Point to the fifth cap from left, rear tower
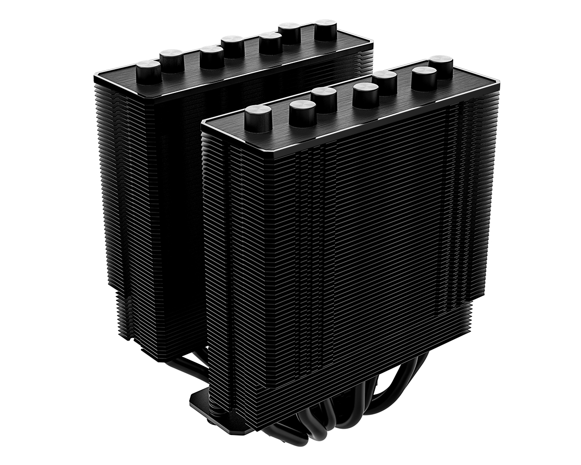270,43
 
